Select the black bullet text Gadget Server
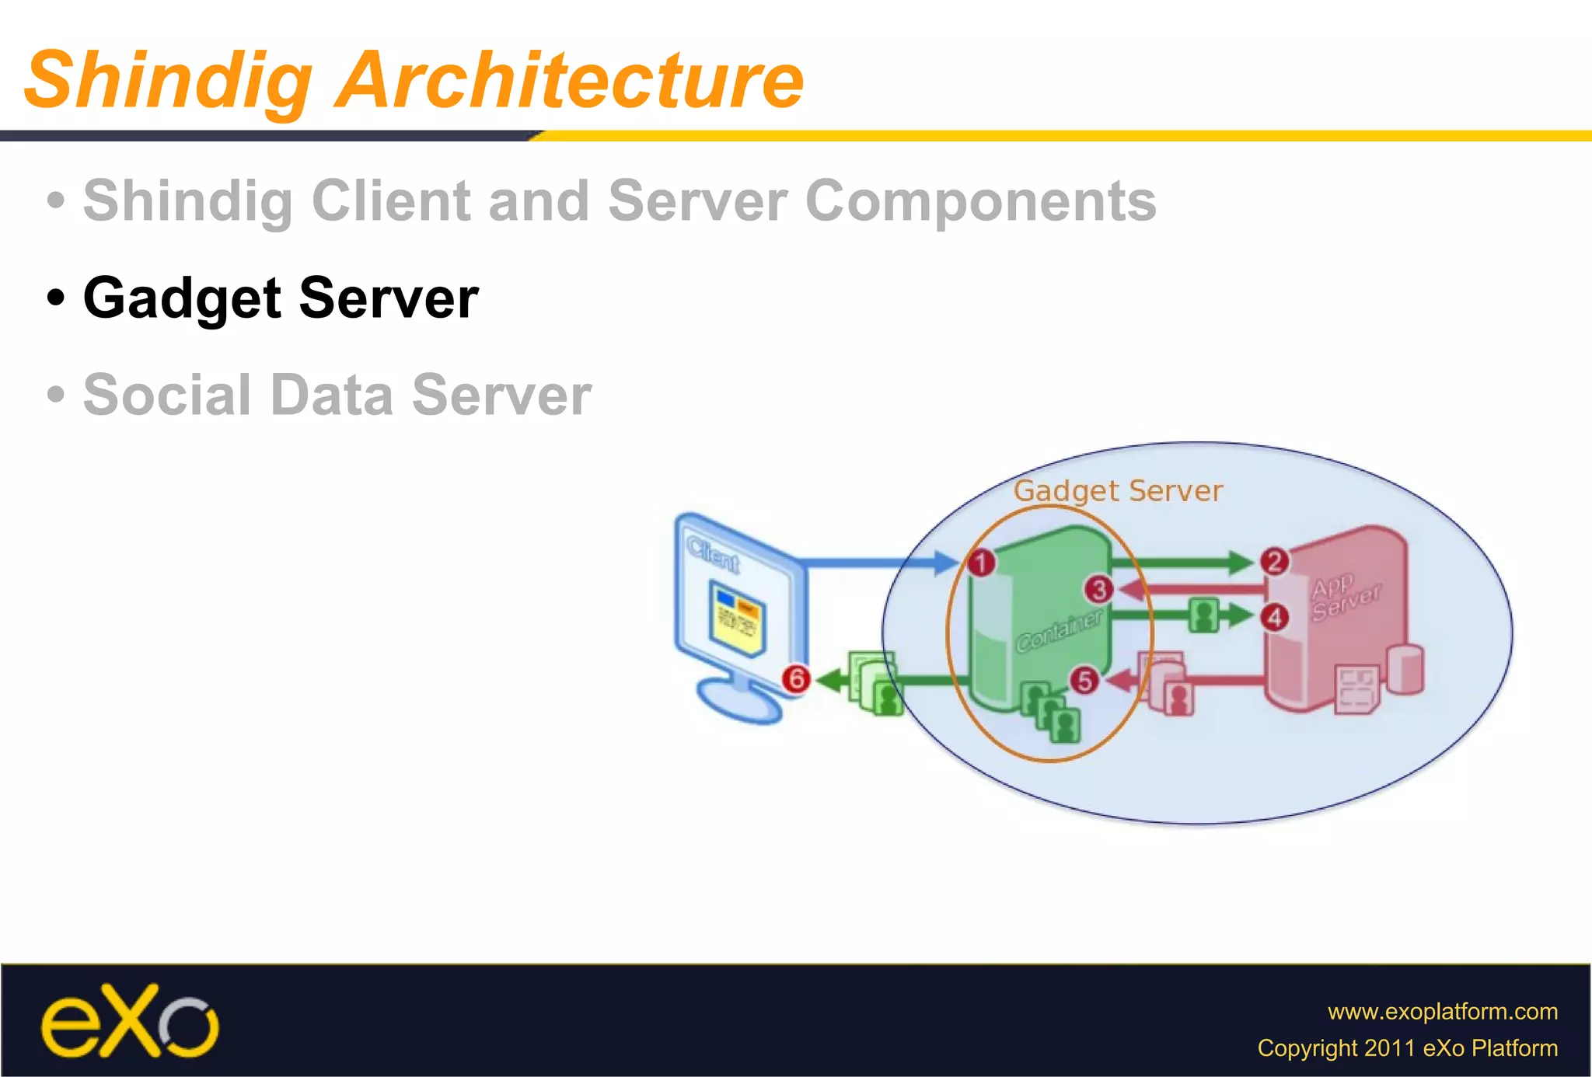click(x=280, y=298)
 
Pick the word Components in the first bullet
click(x=981, y=201)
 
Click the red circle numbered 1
click(x=981, y=562)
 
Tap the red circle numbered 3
click(x=1098, y=590)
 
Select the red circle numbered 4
click(x=1275, y=618)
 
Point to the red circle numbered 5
click(x=1084, y=681)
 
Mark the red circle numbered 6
click(x=796, y=679)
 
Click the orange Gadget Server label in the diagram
click(x=1118, y=491)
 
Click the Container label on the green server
click(x=1059, y=630)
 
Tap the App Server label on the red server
click(x=1344, y=597)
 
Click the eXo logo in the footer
click(x=129, y=1021)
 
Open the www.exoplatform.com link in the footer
click(x=1442, y=1011)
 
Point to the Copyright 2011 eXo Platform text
click(x=1407, y=1048)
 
